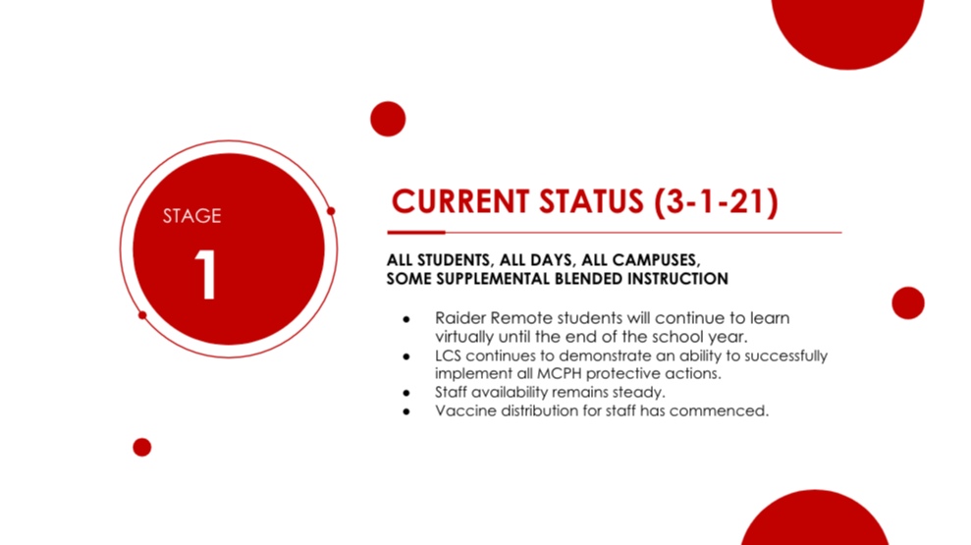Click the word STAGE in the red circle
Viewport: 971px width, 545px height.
pos(192,215)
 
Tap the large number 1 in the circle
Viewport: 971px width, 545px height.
pos(205,275)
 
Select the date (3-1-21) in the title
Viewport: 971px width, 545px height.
pos(717,202)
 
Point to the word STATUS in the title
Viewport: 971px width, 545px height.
pos(591,202)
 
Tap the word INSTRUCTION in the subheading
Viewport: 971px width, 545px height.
pos(677,279)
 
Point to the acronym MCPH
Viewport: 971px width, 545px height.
pos(560,373)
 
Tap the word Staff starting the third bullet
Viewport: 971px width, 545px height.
pos(451,392)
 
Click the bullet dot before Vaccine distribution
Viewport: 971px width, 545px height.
pos(406,411)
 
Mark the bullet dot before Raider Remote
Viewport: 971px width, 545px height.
pos(406,319)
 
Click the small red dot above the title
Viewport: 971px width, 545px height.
pos(388,119)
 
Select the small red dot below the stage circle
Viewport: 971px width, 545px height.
pos(141,447)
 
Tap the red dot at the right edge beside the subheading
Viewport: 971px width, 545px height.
pos(908,302)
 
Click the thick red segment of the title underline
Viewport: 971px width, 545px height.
pos(416,233)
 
